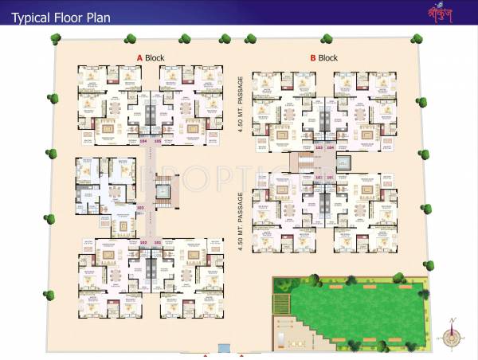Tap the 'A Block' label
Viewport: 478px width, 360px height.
(x=151, y=57)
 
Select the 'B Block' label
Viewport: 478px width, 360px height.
(x=323, y=57)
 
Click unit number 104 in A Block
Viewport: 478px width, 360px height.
(x=143, y=141)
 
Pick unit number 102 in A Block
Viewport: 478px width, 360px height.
(x=143, y=242)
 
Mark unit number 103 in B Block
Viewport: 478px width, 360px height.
(x=318, y=147)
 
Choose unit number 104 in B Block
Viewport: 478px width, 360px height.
(x=330, y=147)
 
